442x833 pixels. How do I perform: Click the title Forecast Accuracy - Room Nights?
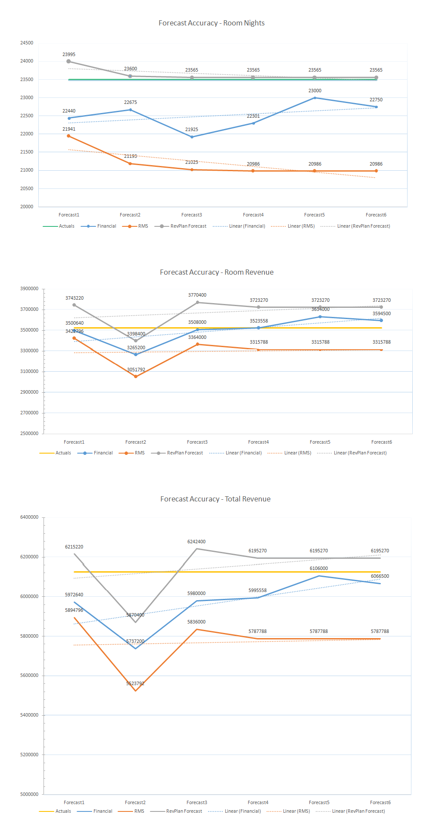[212, 23]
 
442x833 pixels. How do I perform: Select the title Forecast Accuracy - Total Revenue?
[215, 499]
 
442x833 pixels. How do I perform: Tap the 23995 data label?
[69, 55]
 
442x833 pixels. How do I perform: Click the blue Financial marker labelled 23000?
[315, 98]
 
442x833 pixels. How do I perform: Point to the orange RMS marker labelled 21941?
[68, 136]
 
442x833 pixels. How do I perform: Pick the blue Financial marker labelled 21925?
[192, 137]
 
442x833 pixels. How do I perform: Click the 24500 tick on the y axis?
[27, 43]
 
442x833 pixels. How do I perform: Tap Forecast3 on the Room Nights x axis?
[192, 215]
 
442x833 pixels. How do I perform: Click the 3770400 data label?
[197, 295]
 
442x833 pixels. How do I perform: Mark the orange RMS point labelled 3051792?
[136, 376]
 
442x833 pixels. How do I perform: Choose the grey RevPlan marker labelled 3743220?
[74, 305]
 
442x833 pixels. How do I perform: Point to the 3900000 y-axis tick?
[29, 289]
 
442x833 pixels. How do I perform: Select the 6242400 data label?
[196, 542]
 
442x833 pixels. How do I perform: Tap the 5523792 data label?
[135, 684]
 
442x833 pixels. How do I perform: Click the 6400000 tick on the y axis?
[29, 517]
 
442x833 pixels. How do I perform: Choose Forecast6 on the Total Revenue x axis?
[380, 803]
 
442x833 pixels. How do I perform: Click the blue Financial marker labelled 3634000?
[320, 317]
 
